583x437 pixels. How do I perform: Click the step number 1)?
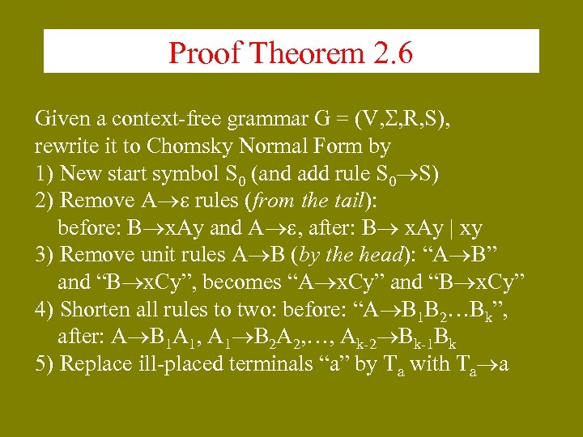point(45,173)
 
